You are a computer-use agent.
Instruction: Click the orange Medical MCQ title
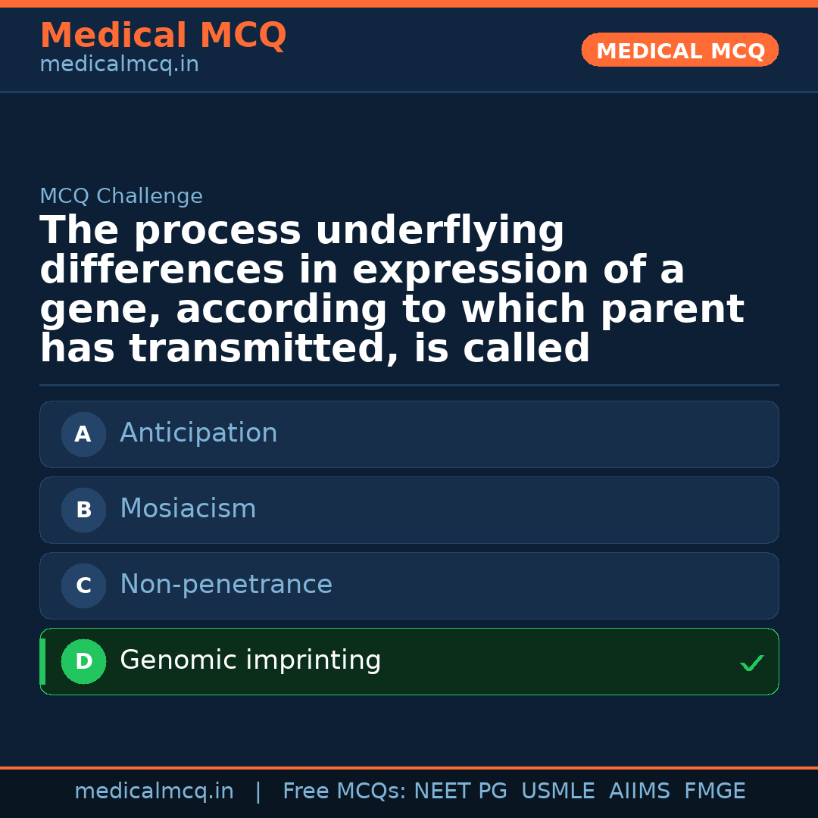pyautogui.click(x=163, y=36)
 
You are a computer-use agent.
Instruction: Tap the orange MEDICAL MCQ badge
pyautogui.click(x=680, y=50)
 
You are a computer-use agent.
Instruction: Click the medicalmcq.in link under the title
pyautogui.click(x=119, y=64)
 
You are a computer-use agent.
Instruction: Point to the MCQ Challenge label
pyautogui.click(x=121, y=196)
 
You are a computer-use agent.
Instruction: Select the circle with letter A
pyautogui.click(x=83, y=434)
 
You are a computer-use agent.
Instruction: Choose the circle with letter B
pyautogui.click(x=83, y=510)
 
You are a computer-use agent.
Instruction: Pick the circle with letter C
pyautogui.click(x=83, y=585)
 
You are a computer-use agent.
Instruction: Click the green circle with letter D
pyautogui.click(x=83, y=661)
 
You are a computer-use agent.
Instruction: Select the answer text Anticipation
pyautogui.click(x=198, y=433)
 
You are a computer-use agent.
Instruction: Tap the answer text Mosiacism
pyautogui.click(x=188, y=509)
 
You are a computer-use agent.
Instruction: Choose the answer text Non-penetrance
pyautogui.click(x=226, y=585)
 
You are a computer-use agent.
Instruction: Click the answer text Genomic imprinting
pyautogui.click(x=250, y=660)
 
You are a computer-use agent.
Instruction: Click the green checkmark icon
pyautogui.click(x=752, y=663)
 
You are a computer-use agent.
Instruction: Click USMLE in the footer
pyautogui.click(x=557, y=791)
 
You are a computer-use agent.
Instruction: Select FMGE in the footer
pyautogui.click(x=714, y=791)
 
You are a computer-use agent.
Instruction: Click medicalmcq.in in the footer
pyautogui.click(x=154, y=791)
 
